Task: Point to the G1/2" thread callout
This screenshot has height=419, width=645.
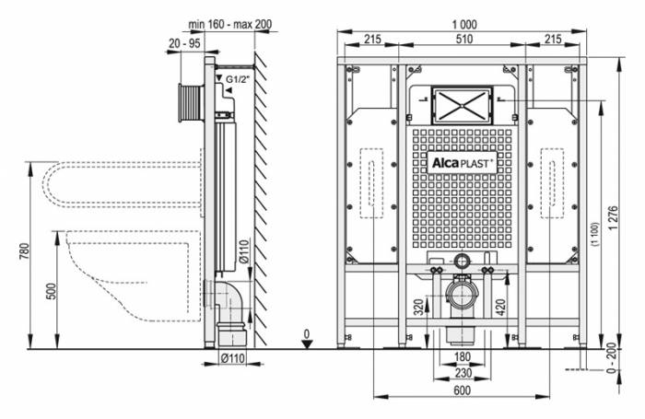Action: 240,81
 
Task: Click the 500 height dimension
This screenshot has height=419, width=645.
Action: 53,291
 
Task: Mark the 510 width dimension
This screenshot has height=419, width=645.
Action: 457,40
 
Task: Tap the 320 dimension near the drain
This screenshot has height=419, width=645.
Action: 418,307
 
